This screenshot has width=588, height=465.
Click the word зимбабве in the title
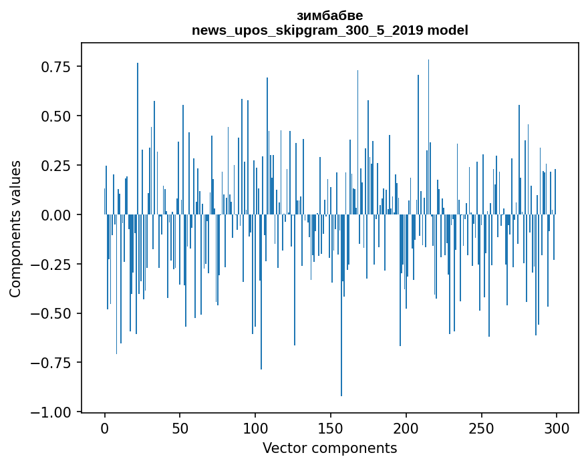pyautogui.click(x=329, y=15)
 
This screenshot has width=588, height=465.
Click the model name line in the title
pyautogui.click(x=329, y=30)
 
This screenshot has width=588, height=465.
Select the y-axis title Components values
pyautogui.click(x=15, y=228)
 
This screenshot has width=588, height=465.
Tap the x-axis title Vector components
pyautogui.click(x=329, y=448)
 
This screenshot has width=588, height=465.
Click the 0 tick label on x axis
pyautogui.click(x=105, y=429)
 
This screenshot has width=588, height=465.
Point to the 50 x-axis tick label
pyautogui.click(x=180, y=429)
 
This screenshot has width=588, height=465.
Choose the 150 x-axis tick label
pyautogui.click(x=331, y=429)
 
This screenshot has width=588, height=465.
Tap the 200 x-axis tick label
pyautogui.click(x=406, y=429)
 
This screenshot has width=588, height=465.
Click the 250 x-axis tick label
pyautogui.click(x=482, y=429)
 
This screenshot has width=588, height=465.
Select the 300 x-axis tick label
pyautogui.click(x=557, y=429)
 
